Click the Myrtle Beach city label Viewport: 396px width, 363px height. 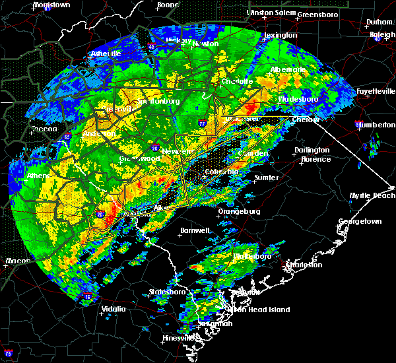point(372,195)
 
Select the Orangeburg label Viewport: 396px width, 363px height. point(239,212)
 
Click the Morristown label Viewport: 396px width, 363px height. point(51,5)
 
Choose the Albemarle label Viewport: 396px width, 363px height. point(288,69)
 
